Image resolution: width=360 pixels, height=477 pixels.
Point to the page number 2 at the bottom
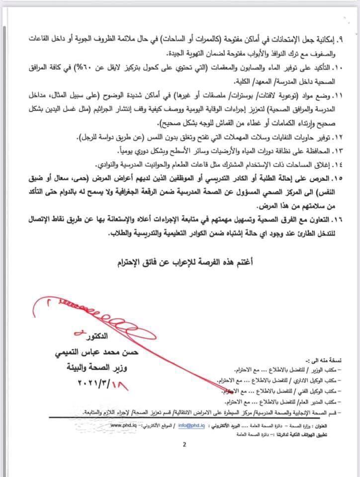[184, 445]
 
